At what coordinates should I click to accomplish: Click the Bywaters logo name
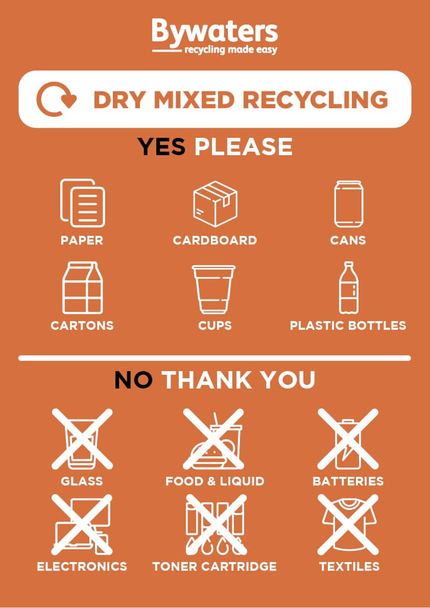214,32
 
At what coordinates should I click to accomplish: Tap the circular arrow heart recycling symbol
56,99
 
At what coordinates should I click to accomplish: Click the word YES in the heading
161,147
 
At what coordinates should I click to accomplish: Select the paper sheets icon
82,203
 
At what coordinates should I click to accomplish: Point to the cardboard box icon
215,203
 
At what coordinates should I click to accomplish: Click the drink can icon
348,203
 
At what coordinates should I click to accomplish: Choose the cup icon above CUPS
214,288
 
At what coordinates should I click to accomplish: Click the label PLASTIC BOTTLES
348,326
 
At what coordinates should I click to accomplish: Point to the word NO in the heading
133,380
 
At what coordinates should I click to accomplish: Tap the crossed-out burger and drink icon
214,438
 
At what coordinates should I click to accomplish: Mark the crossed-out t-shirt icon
349,524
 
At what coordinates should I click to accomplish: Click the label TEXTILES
349,566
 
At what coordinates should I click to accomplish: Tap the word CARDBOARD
214,240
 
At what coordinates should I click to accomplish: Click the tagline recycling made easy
230,50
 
